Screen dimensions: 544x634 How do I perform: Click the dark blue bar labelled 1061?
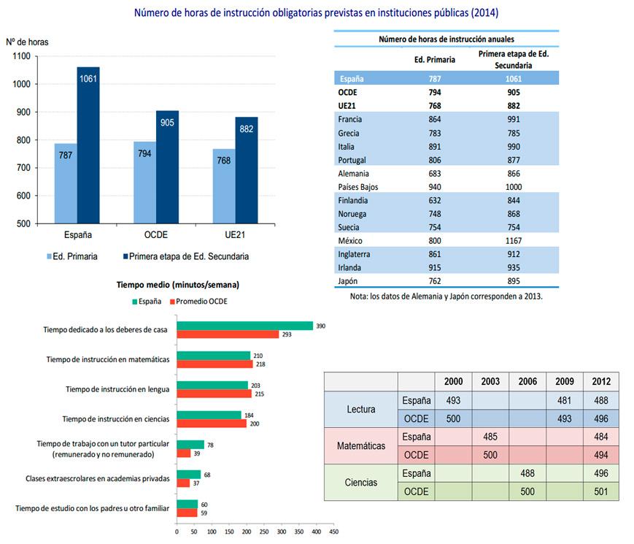click(88, 145)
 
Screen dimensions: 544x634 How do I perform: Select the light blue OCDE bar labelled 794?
click(144, 183)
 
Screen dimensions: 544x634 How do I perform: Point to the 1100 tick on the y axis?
click(21, 56)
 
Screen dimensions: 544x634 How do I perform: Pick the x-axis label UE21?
click(236, 235)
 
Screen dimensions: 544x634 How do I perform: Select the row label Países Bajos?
click(359, 187)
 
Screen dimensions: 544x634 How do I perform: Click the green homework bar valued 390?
click(244, 326)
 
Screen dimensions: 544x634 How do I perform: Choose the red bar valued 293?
click(228, 334)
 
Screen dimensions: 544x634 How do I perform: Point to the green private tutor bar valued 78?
click(190, 444)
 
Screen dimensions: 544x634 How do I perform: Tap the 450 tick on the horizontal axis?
click(333, 532)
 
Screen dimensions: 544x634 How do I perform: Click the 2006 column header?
click(527, 382)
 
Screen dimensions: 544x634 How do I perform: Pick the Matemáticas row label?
click(360, 445)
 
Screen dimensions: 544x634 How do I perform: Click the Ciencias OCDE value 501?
click(601, 491)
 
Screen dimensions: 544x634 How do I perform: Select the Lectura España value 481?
click(564, 400)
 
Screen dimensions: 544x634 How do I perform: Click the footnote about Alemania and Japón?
click(446, 297)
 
